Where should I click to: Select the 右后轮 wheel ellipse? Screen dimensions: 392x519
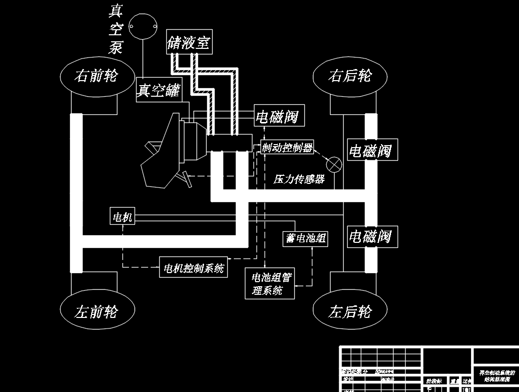350,76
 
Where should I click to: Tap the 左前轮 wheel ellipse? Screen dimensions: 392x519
97,312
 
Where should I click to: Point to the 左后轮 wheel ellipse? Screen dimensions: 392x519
350,312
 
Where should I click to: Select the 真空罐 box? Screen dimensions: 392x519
159,91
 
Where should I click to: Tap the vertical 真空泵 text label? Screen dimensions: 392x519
116,29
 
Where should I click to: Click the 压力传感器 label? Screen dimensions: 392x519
299,179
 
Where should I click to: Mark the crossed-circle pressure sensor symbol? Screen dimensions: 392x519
334,164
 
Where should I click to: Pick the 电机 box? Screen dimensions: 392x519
122,217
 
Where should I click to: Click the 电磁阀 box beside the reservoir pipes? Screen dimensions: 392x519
277,117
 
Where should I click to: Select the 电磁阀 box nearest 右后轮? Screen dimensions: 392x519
370,151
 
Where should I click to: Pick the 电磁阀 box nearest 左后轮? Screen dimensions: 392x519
370,236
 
